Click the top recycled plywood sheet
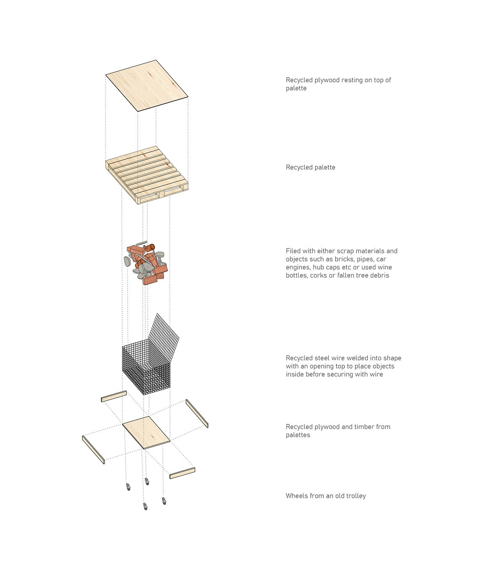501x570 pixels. coord(147,86)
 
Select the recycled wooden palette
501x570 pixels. coord(147,175)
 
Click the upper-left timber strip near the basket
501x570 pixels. coord(114,396)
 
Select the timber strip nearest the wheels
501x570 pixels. coord(182,473)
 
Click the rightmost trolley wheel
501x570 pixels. coord(164,500)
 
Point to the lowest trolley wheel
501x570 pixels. coord(145,507)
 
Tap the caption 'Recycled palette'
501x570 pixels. coord(310,167)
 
